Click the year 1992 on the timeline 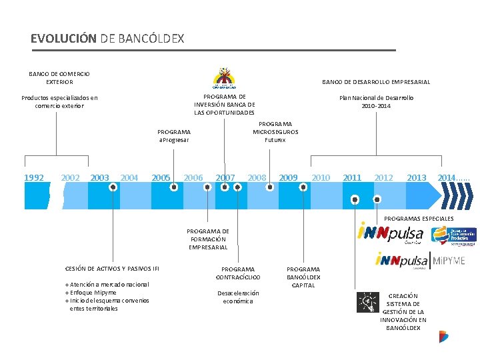[34, 177]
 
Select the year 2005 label [161, 177]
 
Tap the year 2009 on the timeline [288, 177]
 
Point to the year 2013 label [416, 177]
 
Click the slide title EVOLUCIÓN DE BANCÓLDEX [107, 39]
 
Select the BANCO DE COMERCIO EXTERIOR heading [60, 78]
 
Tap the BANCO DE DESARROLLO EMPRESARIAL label [376, 82]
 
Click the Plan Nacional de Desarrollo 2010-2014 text [376, 101]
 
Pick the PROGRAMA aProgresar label [174, 136]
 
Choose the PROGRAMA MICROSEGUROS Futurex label [275, 132]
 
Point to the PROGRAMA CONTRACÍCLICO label [238, 273]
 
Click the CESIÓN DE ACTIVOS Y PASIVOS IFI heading [112, 269]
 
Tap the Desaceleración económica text [238, 297]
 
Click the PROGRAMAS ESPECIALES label [419, 219]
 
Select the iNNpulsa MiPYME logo [420, 260]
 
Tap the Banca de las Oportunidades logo [223, 79]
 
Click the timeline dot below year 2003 [113, 187]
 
